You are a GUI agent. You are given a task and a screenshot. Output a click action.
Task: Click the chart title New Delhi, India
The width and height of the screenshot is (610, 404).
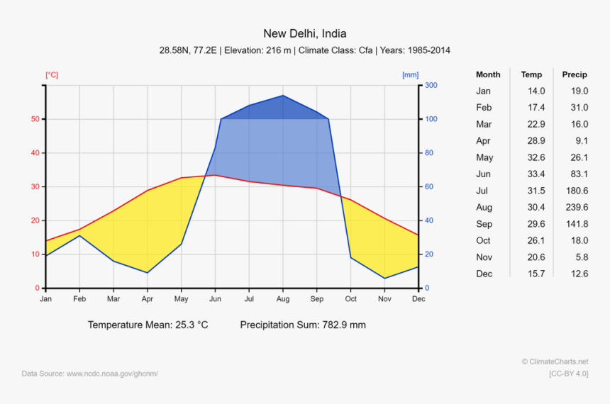[x=305, y=33]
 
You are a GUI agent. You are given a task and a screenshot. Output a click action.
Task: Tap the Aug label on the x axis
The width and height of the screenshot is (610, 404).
[x=283, y=299]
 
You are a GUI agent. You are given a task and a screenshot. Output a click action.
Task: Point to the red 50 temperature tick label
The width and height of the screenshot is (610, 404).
[x=34, y=119]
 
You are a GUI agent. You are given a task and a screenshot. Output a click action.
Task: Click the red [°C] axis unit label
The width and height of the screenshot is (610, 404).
[x=52, y=74]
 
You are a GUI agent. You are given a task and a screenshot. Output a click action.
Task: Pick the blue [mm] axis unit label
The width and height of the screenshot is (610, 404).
[x=410, y=74]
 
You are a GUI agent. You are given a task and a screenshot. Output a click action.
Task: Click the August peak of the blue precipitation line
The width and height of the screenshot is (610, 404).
[x=283, y=96]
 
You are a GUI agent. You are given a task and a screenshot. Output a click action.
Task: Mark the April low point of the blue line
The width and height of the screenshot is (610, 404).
[x=148, y=273]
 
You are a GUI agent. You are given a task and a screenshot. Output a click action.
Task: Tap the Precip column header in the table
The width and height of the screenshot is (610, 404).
[x=575, y=74]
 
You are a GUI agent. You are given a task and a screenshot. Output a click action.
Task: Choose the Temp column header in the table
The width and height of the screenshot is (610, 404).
[x=531, y=74]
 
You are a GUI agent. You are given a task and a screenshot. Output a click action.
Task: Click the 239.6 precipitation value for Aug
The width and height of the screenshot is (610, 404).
[x=575, y=208]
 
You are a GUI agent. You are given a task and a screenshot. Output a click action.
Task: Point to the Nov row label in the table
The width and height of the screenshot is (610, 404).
[x=484, y=257]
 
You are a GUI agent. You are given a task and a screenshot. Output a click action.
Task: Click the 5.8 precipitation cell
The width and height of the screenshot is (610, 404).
[x=581, y=257]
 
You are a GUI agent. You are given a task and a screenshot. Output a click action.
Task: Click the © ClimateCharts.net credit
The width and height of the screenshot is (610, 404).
[x=555, y=361]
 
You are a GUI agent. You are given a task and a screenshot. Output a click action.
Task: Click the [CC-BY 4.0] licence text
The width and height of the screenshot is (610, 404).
[x=568, y=374]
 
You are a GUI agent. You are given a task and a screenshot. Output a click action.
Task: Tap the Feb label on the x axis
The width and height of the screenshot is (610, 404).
[x=79, y=299]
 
